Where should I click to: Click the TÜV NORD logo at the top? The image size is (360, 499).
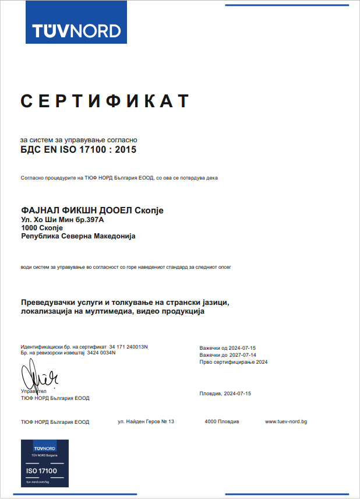[76, 30]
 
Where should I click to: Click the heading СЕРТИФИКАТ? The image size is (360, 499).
[105, 101]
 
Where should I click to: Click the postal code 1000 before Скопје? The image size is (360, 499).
[29, 228]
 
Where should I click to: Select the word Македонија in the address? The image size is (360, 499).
[111, 236]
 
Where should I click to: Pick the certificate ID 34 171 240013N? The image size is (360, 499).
[128, 347]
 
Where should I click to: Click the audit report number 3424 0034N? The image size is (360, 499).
[101, 353]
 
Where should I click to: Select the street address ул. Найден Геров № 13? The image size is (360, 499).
[146, 421]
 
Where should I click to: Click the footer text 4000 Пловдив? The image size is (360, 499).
[221, 421]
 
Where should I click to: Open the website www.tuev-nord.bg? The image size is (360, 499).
[285, 421]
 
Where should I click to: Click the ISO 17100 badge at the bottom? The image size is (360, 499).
[44, 463]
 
